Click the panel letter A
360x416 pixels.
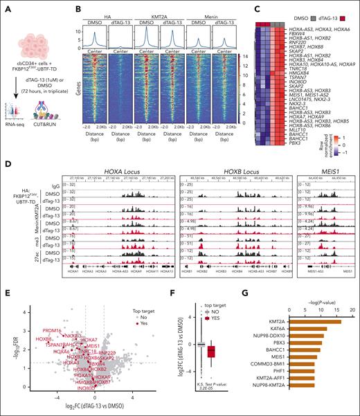pyautogui.click(x=6, y=5)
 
